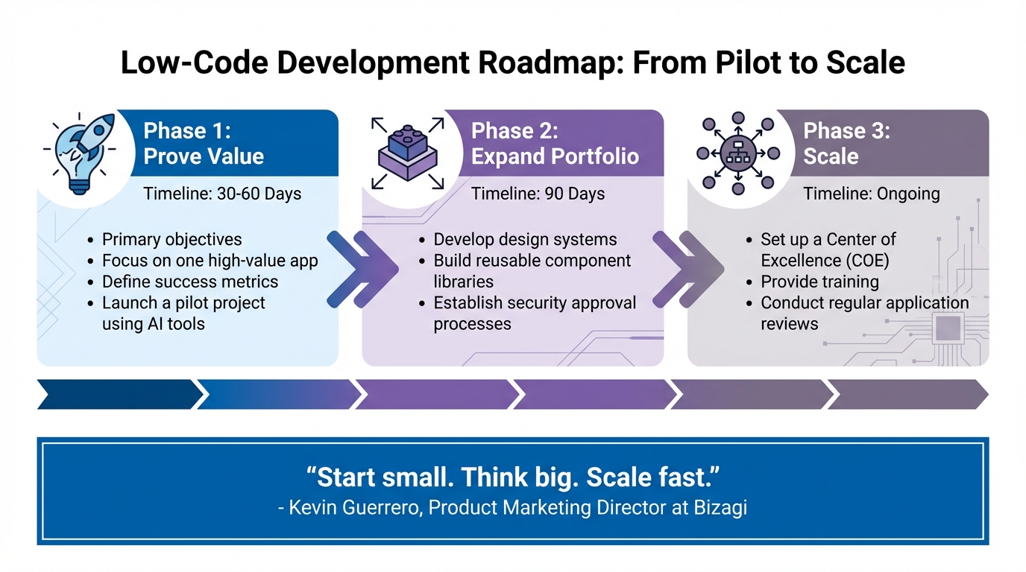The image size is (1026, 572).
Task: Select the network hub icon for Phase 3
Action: tap(737, 153)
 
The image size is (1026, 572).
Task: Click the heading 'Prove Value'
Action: tap(204, 156)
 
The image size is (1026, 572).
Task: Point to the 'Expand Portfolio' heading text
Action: tap(555, 156)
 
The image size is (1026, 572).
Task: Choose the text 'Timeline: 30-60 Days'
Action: tap(222, 194)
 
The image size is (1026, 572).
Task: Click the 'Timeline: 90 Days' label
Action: tap(538, 194)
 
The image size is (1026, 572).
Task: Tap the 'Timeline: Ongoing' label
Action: tap(871, 194)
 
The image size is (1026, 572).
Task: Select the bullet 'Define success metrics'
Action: tap(189, 282)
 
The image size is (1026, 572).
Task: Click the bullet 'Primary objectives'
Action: tap(171, 240)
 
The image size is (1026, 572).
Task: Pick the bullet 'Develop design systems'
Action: tap(525, 240)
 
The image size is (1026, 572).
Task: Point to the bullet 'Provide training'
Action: tap(819, 282)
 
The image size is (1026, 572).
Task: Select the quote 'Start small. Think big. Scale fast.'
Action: tap(512, 477)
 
